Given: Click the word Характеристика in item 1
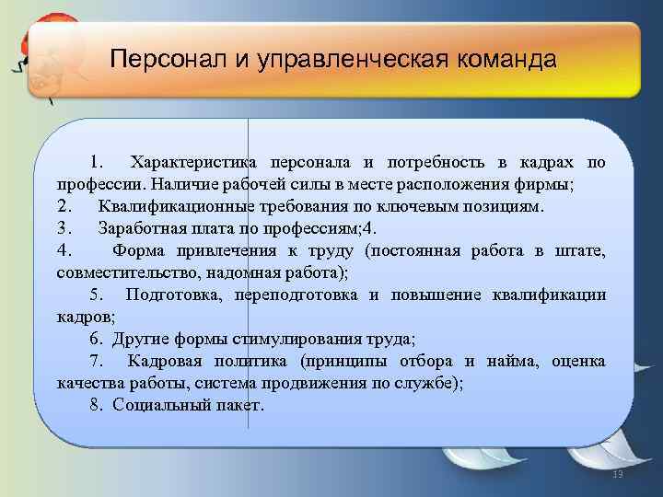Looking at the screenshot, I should tap(195, 163).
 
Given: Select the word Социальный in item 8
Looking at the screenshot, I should tap(154, 405).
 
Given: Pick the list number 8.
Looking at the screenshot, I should tap(96, 405).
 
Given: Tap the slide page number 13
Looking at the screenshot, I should tap(618, 474).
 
